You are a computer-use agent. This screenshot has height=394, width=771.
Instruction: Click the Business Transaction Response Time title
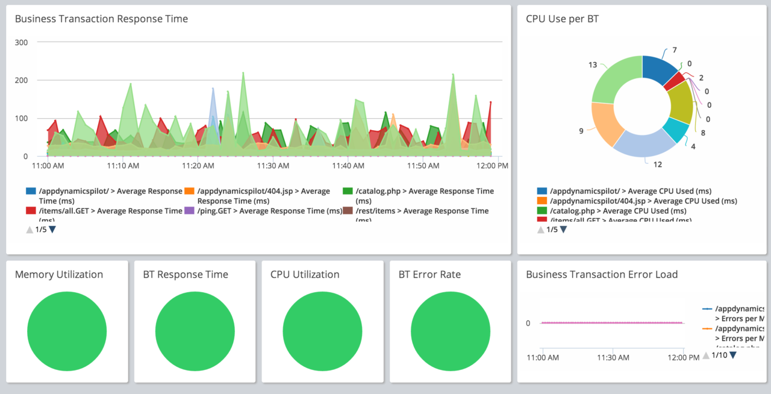pyautogui.click(x=101, y=19)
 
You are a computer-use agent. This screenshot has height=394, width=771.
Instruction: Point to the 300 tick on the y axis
pyautogui.click(x=21, y=42)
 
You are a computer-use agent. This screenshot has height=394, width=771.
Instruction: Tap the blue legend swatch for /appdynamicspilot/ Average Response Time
pyautogui.click(x=31, y=191)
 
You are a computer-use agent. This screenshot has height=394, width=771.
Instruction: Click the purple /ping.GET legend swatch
pyautogui.click(x=189, y=211)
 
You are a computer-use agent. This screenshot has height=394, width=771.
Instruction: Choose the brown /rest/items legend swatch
pyautogui.click(x=348, y=211)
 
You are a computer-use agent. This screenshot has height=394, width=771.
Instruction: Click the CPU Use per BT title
pyautogui.click(x=562, y=19)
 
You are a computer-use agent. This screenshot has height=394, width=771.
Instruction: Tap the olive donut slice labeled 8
pyautogui.click(x=683, y=102)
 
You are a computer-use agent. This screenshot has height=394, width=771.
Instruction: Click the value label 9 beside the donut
pyautogui.click(x=581, y=131)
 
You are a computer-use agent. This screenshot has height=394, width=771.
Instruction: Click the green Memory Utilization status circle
pyautogui.click(x=67, y=333)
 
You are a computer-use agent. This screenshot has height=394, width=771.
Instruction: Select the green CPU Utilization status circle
pyautogui.click(x=322, y=333)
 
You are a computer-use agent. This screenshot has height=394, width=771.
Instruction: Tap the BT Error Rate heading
pyautogui.click(x=429, y=275)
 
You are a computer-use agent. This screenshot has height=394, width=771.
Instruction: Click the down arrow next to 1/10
pyautogui.click(x=733, y=355)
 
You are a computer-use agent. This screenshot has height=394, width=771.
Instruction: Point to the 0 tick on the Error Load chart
pyautogui.click(x=528, y=323)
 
